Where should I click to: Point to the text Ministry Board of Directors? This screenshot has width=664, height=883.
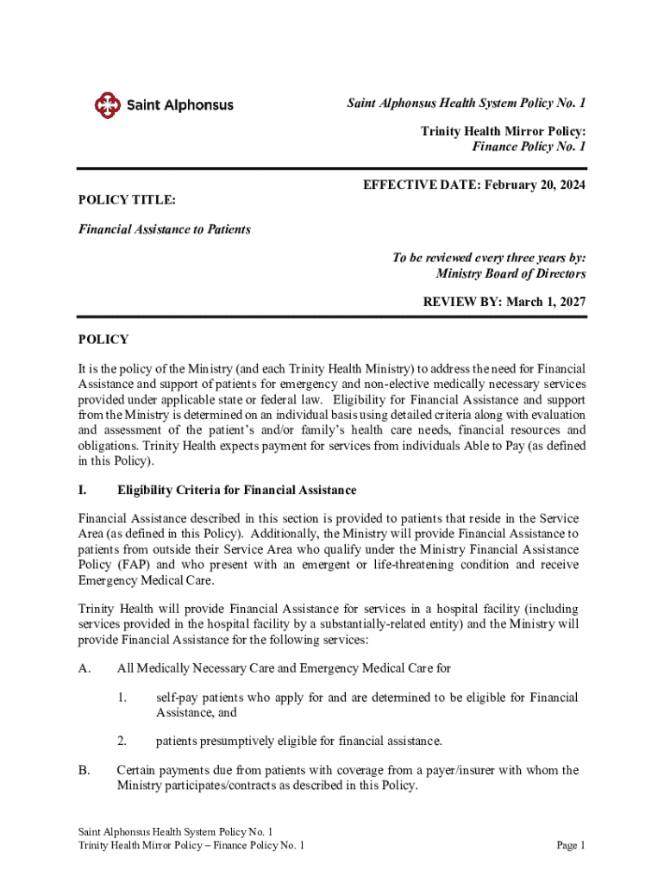pyautogui.click(x=511, y=274)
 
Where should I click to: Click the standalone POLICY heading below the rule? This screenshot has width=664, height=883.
pyautogui.click(x=103, y=340)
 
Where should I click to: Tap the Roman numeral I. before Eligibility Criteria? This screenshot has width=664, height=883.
pyautogui.click(x=83, y=490)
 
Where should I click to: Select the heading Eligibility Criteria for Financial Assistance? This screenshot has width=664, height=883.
pyautogui.click(x=236, y=490)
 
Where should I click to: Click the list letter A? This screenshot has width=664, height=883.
pyautogui.click(x=84, y=667)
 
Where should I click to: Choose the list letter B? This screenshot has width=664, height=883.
pyautogui.click(x=84, y=770)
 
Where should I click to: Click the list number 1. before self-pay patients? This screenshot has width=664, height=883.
pyautogui.click(x=122, y=697)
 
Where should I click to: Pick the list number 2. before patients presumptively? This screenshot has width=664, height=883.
pyautogui.click(x=122, y=741)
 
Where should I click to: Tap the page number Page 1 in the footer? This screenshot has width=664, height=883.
pyautogui.click(x=571, y=846)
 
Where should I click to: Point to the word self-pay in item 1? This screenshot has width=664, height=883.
pyautogui.click(x=177, y=697)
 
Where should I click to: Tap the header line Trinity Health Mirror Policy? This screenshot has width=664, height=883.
pyautogui.click(x=503, y=131)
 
